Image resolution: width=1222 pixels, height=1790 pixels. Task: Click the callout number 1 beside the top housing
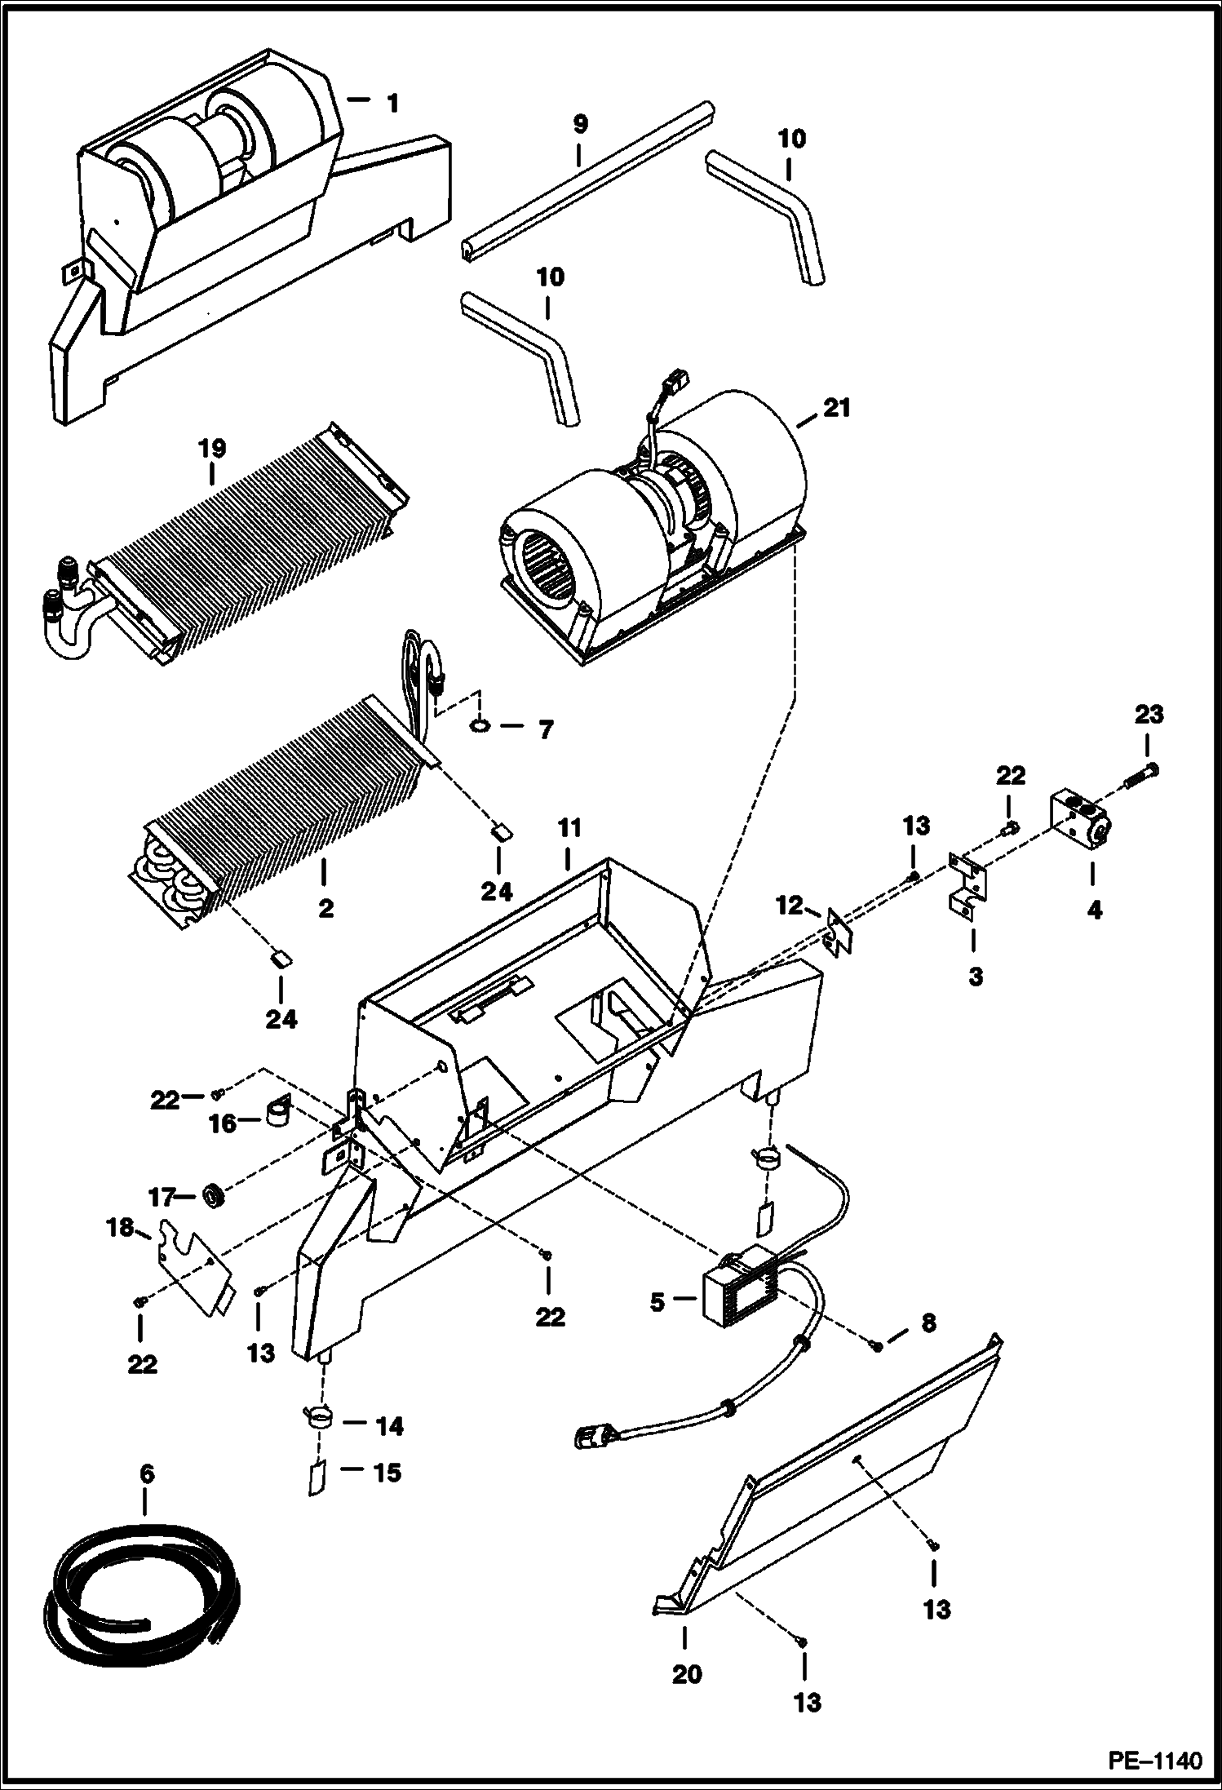pyautogui.click(x=392, y=104)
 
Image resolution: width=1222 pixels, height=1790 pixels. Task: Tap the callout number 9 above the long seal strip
pyautogui.click(x=579, y=125)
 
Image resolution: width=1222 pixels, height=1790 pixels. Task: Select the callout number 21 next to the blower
pyautogui.click(x=837, y=407)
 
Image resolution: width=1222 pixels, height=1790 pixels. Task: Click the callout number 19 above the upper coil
pyautogui.click(x=211, y=448)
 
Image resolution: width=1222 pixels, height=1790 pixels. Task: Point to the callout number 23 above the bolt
pyautogui.click(x=1149, y=715)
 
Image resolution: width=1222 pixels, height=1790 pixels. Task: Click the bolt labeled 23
pyautogui.click(x=1142, y=775)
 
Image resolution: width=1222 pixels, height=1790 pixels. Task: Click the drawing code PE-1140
pyautogui.click(x=1154, y=1760)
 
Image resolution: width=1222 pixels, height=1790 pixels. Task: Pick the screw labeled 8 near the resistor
pyautogui.click(x=877, y=1347)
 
